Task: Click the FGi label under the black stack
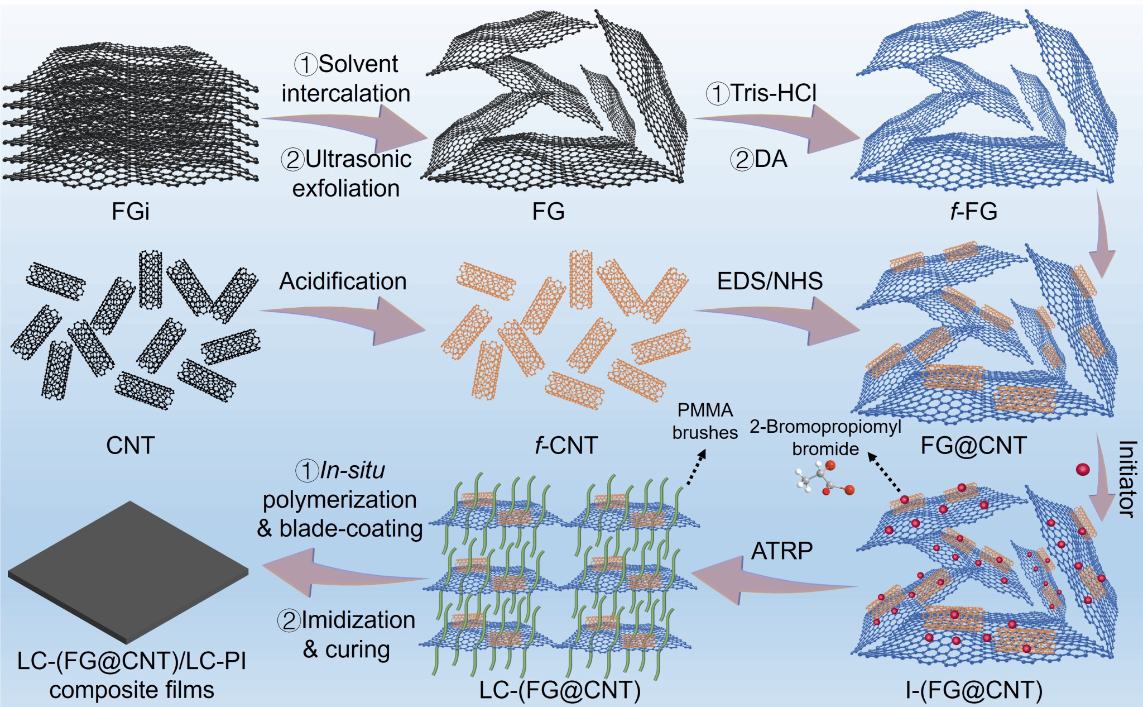[x=131, y=212]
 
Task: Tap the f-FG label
[x=974, y=212]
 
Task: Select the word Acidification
[x=343, y=281]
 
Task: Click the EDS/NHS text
[x=770, y=281]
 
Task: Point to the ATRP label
[x=782, y=551]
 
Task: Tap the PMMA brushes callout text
[x=705, y=421]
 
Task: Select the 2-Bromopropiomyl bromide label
[x=825, y=437]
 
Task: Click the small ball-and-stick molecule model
[x=824, y=479]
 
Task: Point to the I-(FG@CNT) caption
[x=974, y=690]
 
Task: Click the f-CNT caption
[x=566, y=446]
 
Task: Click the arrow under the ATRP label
[x=775, y=580]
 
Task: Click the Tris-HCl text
[x=762, y=93]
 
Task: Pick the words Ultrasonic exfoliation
[x=346, y=174]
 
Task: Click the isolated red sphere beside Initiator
[x=1083, y=469]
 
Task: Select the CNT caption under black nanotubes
[x=131, y=446]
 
